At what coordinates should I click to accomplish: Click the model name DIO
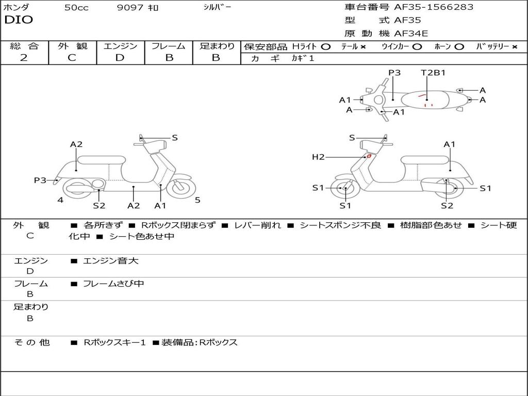pyautogui.click(x=19, y=20)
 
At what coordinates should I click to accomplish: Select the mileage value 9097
pyautogui.click(x=131, y=8)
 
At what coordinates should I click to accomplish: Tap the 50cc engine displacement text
pyautogui.click(x=76, y=8)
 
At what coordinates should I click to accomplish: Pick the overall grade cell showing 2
pyautogui.click(x=24, y=58)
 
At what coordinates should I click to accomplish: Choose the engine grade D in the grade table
pyautogui.click(x=120, y=58)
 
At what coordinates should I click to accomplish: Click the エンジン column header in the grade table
pyautogui.click(x=120, y=46)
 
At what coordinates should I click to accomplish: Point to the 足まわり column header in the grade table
pyautogui.click(x=217, y=46)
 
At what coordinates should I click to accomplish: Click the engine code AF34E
pyautogui.click(x=411, y=34)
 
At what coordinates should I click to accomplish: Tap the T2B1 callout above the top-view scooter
pyautogui.click(x=433, y=73)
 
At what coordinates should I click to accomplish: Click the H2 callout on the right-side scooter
pyautogui.click(x=318, y=157)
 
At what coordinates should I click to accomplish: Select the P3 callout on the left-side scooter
pyautogui.click(x=40, y=180)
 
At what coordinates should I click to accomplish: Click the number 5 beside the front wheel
pyautogui.click(x=197, y=200)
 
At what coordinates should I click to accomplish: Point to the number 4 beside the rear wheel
pyautogui.click(x=60, y=200)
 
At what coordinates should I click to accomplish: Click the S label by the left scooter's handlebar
pyautogui.click(x=175, y=138)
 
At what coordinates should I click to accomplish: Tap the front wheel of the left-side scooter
pyautogui.click(x=181, y=187)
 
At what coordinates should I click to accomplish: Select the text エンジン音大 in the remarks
pyautogui.click(x=111, y=261)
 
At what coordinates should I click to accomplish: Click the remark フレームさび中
pyautogui.click(x=113, y=284)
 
